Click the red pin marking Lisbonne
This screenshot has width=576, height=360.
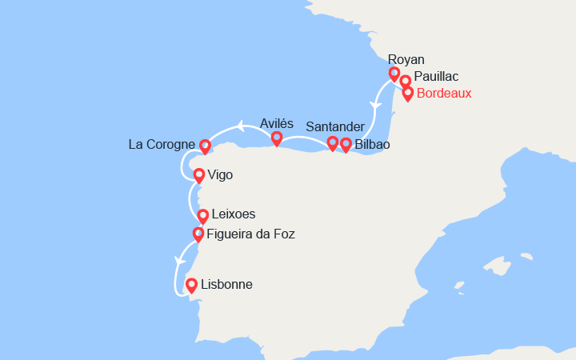pos(191,285)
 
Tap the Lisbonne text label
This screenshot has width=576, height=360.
pos(227,284)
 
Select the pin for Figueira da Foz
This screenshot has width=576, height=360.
pos(198,234)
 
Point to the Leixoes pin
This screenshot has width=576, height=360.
pos(203,216)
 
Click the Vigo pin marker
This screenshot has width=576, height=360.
pos(198,174)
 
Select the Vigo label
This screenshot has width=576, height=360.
pos(220,174)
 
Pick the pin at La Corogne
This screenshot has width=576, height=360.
pos(205,146)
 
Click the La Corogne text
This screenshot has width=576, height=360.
pos(162,145)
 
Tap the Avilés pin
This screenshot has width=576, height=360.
pos(277,138)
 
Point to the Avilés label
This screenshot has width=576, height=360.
pos(277,123)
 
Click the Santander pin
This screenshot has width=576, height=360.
pos(333,143)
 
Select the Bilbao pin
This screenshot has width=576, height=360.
pos(346,145)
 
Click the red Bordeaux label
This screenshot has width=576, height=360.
pos(445,93)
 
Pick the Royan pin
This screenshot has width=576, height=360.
pos(394,74)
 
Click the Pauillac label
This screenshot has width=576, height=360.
pos(437,77)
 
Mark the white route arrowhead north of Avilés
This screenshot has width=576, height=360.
pos(239,125)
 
